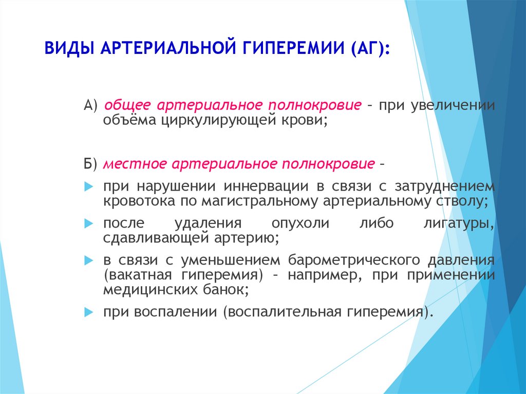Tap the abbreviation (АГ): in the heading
coord(371,48)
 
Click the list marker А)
coord(90,105)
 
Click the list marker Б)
coord(90,164)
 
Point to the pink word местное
coord(135,164)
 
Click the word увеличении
coord(453,105)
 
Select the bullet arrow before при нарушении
coord(88,186)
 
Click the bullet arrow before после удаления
coord(88,223)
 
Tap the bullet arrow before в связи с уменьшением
coord(88,260)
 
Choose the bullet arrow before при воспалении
coord(88,312)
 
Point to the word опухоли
coord(300,223)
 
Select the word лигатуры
coord(459,223)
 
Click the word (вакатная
coord(138,275)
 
